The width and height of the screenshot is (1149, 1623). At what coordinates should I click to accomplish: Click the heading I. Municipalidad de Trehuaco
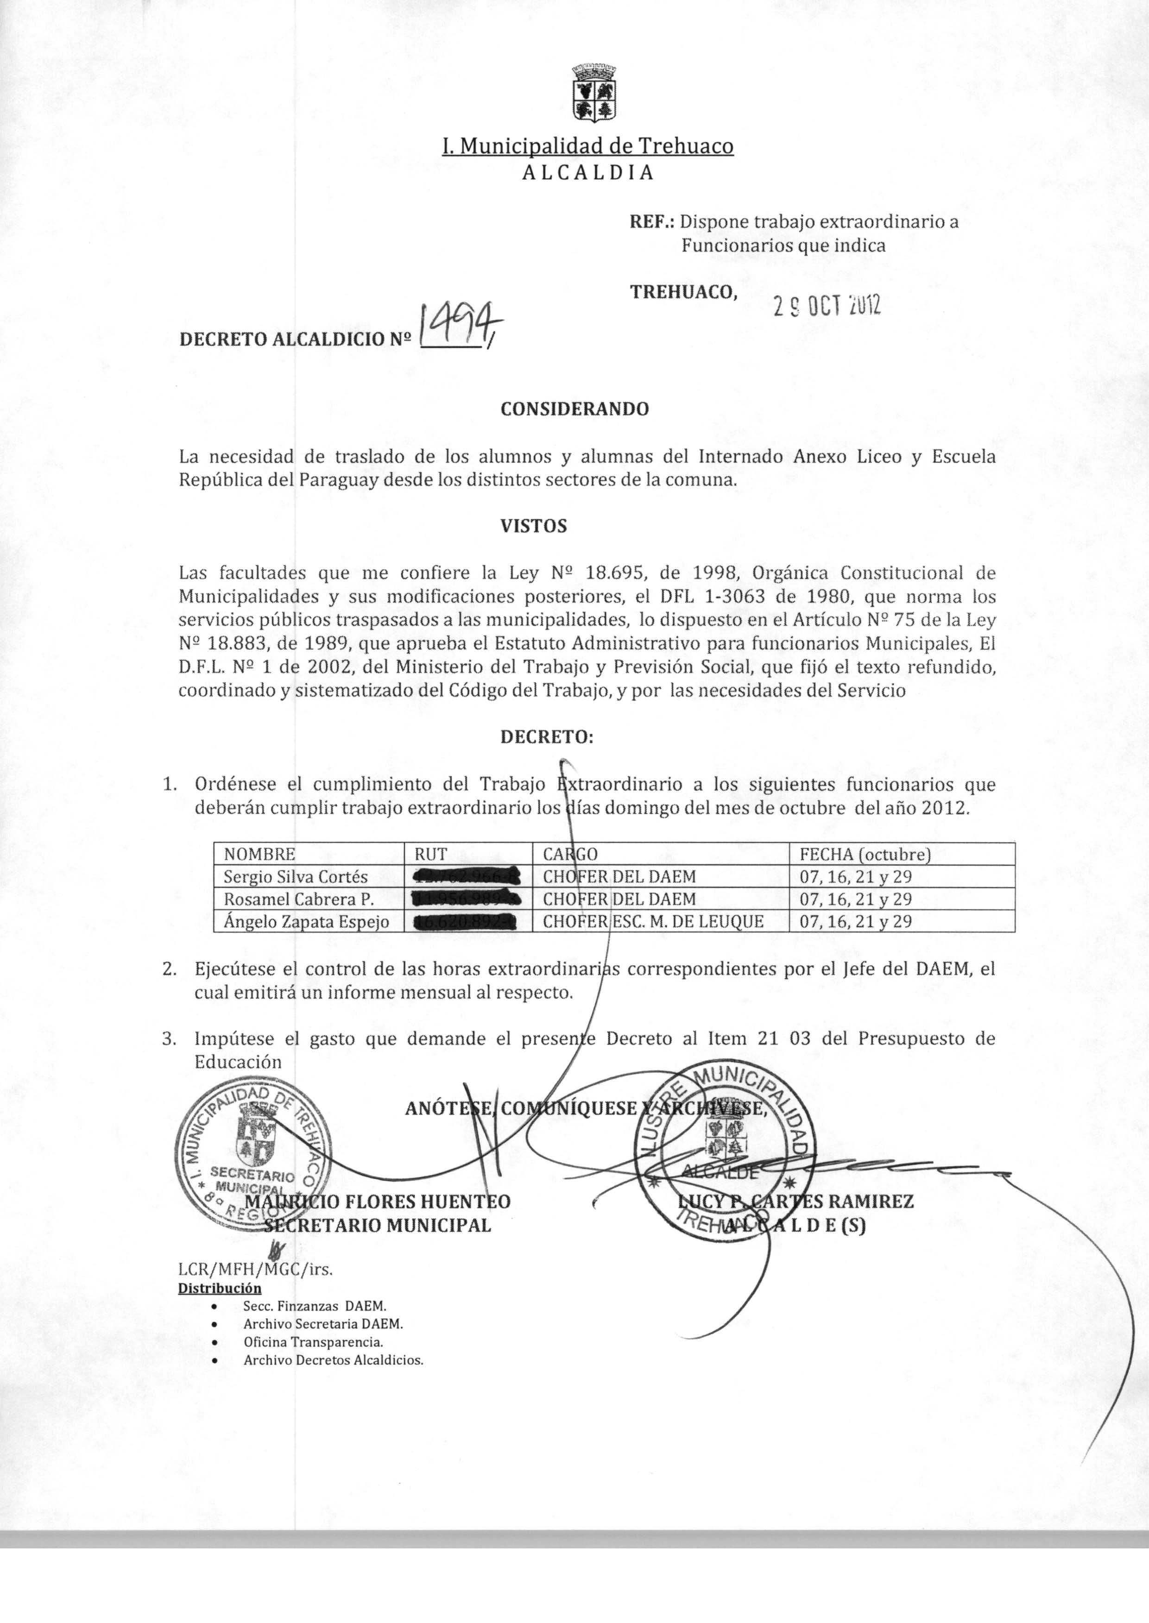587,146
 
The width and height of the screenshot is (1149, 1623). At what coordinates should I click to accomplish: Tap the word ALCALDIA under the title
587,173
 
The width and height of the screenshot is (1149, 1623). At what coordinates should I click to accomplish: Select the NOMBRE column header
259,854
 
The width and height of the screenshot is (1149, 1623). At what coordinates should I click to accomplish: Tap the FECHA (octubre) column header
865,854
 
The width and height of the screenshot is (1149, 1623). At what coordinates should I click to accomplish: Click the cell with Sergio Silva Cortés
296,877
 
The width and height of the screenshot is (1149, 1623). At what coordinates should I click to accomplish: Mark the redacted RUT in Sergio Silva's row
467,877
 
